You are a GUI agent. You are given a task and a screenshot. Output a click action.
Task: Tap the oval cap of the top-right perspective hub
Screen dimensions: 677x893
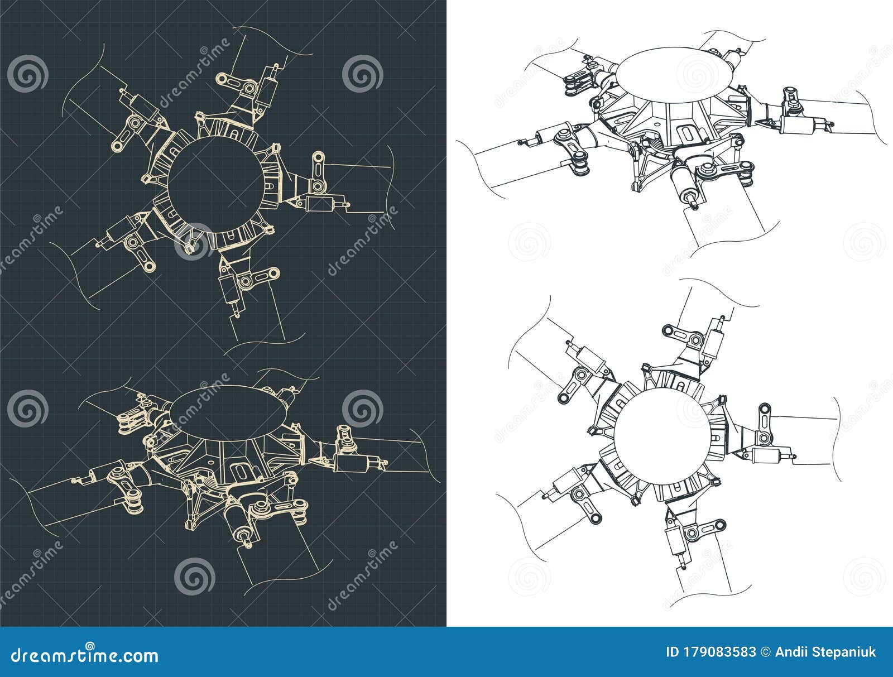[x=675, y=76]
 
